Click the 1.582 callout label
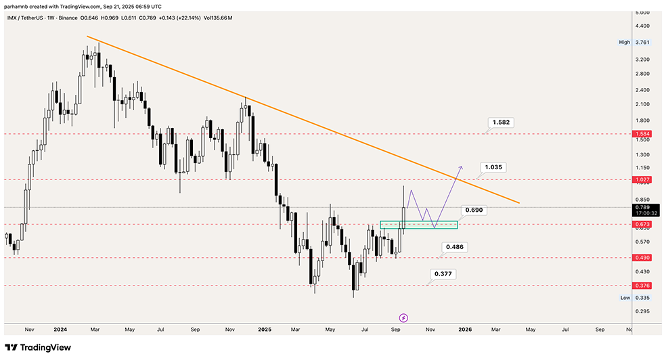(502, 122)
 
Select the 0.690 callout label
(474, 210)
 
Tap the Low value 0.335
(644, 298)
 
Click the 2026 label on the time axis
(465, 330)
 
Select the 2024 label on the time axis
(60, 330)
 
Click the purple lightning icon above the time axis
(403, 317)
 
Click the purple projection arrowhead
(462, 166)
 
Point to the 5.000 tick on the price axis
(644, 13)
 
